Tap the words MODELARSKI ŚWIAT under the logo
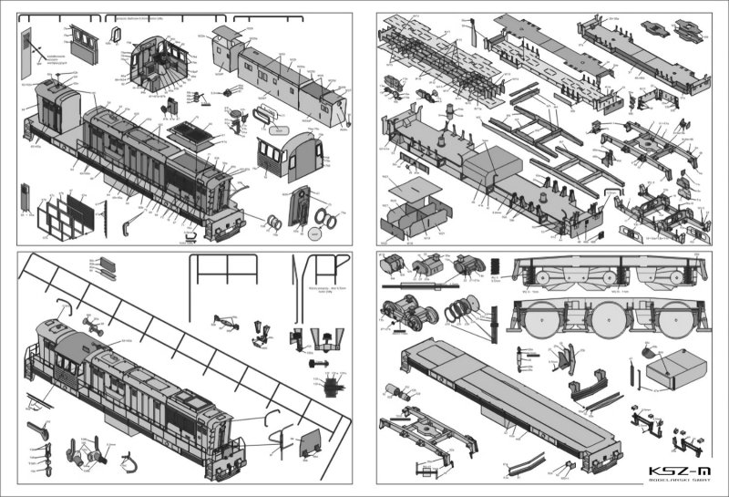677,483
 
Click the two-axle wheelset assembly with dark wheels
410,315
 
